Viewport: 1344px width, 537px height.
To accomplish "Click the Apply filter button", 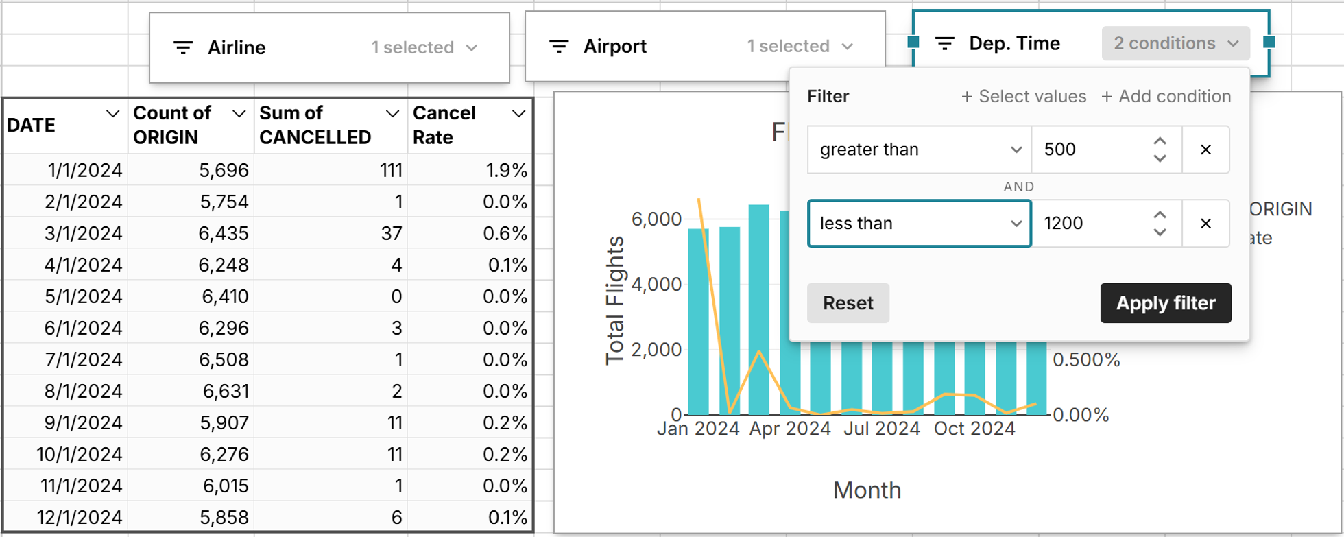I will coord(1165,303).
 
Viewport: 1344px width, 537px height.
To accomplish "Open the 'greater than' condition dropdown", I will coord(919,150).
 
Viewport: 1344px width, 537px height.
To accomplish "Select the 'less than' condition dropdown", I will coord(919,224).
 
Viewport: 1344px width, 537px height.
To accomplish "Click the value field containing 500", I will coord(1090,150).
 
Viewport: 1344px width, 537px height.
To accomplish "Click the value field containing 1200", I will coord(1090,224).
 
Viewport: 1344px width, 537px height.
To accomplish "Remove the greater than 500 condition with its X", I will coord(1205,150).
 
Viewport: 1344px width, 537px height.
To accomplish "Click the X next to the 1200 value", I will coord(1205,224).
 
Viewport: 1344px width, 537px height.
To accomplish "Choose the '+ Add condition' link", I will coord(1166,97).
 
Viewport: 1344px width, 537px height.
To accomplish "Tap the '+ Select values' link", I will coord(1024,97).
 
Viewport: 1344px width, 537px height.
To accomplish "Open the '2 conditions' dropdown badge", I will coord(1175,44).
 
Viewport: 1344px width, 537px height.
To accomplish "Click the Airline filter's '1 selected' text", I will coord(413,48).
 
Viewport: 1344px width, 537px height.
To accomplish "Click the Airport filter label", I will coord(614,47).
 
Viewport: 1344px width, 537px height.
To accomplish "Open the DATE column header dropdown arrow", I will coord(112,114).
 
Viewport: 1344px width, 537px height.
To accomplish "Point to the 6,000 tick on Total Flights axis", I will coord(656,219).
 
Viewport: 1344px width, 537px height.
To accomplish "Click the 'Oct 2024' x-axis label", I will coord(974,429).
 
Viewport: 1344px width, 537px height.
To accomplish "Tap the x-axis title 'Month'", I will coord(867,490).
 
